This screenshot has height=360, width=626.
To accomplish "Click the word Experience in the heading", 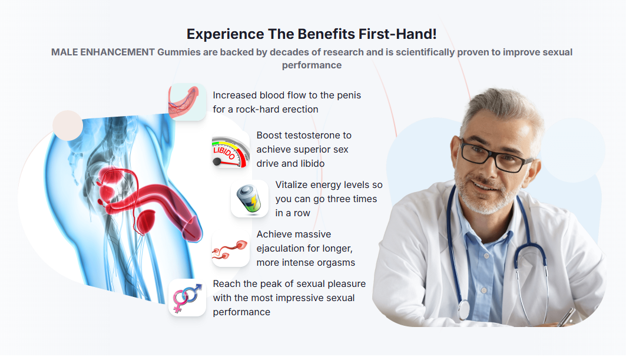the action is (x=225, y=34).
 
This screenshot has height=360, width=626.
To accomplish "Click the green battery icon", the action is (x=249, y=199).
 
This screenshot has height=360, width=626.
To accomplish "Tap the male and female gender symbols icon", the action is (x=187, y=298).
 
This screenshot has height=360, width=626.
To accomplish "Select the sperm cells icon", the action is (x=230, y=249).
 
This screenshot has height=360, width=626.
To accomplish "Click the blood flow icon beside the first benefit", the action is (x=187, y=102).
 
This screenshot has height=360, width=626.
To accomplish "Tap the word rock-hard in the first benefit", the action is (x=257, y=110).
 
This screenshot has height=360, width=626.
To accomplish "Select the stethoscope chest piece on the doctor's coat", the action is (x=464, y=309).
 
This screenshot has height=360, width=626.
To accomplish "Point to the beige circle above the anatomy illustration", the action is (x=68, y=125).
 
